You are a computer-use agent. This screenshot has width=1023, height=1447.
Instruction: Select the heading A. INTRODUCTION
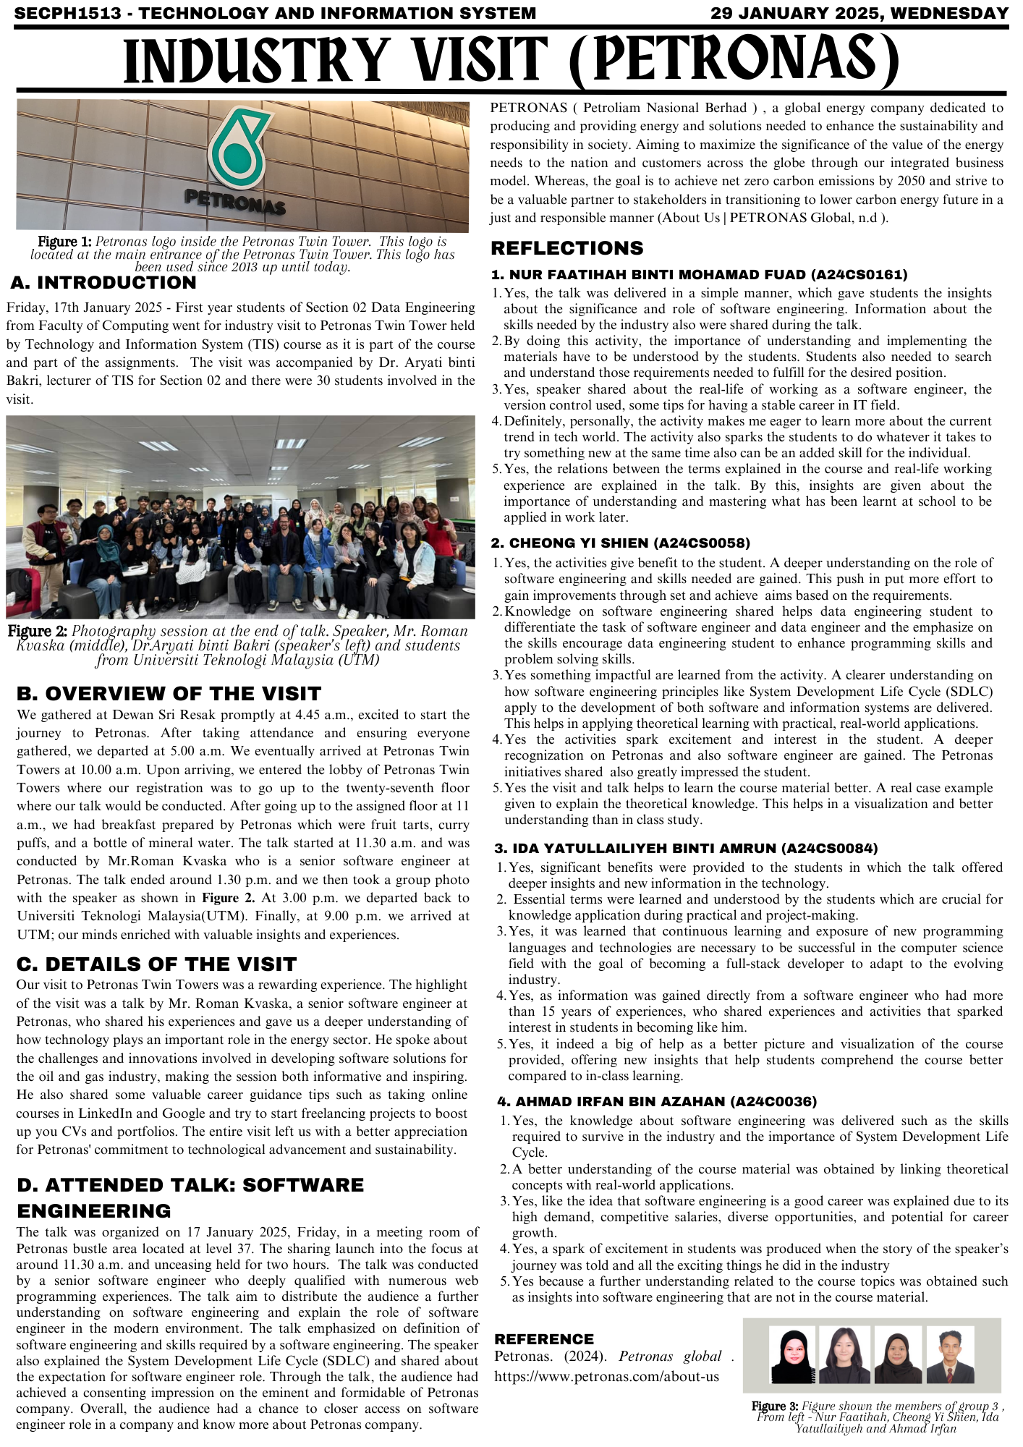tap(103, 283)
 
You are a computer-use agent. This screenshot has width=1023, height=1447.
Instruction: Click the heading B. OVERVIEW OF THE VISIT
tap(169, 694)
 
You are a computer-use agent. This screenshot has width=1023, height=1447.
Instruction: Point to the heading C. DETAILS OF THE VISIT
tap(156, 964)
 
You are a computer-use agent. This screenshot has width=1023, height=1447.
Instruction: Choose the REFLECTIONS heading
tap(567, 248)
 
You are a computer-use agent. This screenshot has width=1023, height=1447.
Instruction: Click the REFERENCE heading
tap(544, 1339)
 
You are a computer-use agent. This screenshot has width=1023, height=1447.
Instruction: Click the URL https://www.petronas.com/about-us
tap(606, 1377)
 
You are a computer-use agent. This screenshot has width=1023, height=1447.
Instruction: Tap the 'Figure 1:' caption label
tap(64, 242)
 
